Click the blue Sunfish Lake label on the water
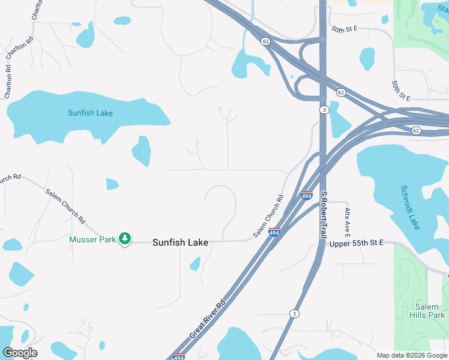pyautogui.click(x=90, y=113)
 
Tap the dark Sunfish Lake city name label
pyautogui.click(x=180, y=242)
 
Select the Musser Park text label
pyautogui.click(x=92, y=239)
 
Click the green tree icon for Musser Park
pyautogui.click(x=125, y=239)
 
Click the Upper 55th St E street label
pyautogui.click(x=356, y=244)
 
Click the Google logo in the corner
pyautogui.click(x=20, y=352)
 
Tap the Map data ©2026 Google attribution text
pyautogui.click(x=412, y=355)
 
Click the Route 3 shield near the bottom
pyautogui.click(x=294, y=314)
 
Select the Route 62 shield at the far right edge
pyautogui.click(x=416, y=130)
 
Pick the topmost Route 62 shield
pyautogui.click(x=265, y=41)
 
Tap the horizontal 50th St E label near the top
pyautogui.click(x=344, y=29)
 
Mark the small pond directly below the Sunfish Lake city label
pyautogui.click(x=194, y=263)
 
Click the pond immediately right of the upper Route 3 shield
pyautogui.click(x=340, y=123)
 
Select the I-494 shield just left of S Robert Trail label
pyautogui.click(x=306, y=196)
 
